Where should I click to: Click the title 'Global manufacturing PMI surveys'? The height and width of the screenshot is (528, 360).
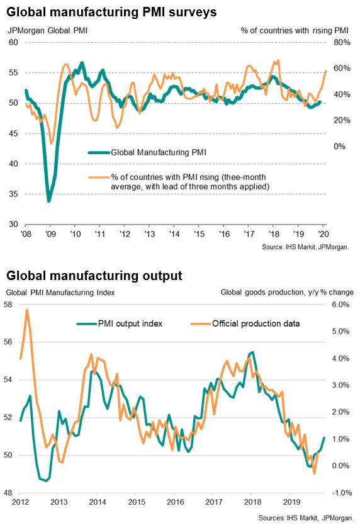[x=111, y=13]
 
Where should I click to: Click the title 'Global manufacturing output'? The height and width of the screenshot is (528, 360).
[x=94, y=276]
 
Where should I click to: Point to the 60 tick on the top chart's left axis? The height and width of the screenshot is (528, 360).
[x=13, y=42]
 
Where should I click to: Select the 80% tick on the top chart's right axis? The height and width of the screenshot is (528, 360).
[x=342, y=42]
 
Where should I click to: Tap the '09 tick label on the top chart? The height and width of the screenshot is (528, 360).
[x=50, y=233]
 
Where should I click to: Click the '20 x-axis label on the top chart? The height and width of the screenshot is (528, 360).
[x=323, y=233]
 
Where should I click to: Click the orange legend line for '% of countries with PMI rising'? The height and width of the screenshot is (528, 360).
[x=99, y=177]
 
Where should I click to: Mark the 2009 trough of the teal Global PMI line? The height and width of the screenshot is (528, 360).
[x=49, y=201]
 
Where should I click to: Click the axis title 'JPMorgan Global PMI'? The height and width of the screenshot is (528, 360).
[x=47, y=30]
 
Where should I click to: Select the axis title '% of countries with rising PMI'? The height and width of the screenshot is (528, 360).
[x=295, y=30]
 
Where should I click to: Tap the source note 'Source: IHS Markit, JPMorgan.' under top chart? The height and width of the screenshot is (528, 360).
[x=305, y=247]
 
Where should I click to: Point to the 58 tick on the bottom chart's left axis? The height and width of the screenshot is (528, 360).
[x=8, y=305]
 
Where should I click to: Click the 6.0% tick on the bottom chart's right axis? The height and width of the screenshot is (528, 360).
[x=340, y=305]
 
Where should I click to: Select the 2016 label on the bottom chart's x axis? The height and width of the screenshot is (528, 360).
[x=176, y=502]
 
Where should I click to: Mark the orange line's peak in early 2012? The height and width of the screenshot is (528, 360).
[x=27, y=310]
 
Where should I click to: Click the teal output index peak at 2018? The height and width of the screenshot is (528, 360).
[x=252, y=352]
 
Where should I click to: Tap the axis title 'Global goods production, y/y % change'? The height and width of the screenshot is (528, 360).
[x=287, y=292]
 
